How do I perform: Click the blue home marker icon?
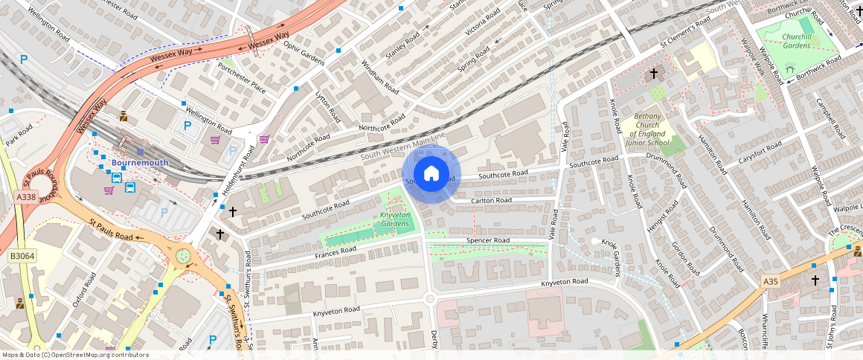[x=431, y=175]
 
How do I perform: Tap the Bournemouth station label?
[x=140, y=162]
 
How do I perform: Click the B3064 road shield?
[x=20, y=256]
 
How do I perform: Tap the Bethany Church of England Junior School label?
[x=647, y=129]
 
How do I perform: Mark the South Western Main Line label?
[x=402, y=146]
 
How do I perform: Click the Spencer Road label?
[x=487, y=240]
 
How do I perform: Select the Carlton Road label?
[x=491, y=200]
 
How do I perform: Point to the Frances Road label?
[x=336, y=253]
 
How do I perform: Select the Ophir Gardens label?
[x=304, y=52]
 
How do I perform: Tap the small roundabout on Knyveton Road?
[x=429, y=298]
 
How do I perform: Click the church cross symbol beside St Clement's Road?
[x=654, y=74]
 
